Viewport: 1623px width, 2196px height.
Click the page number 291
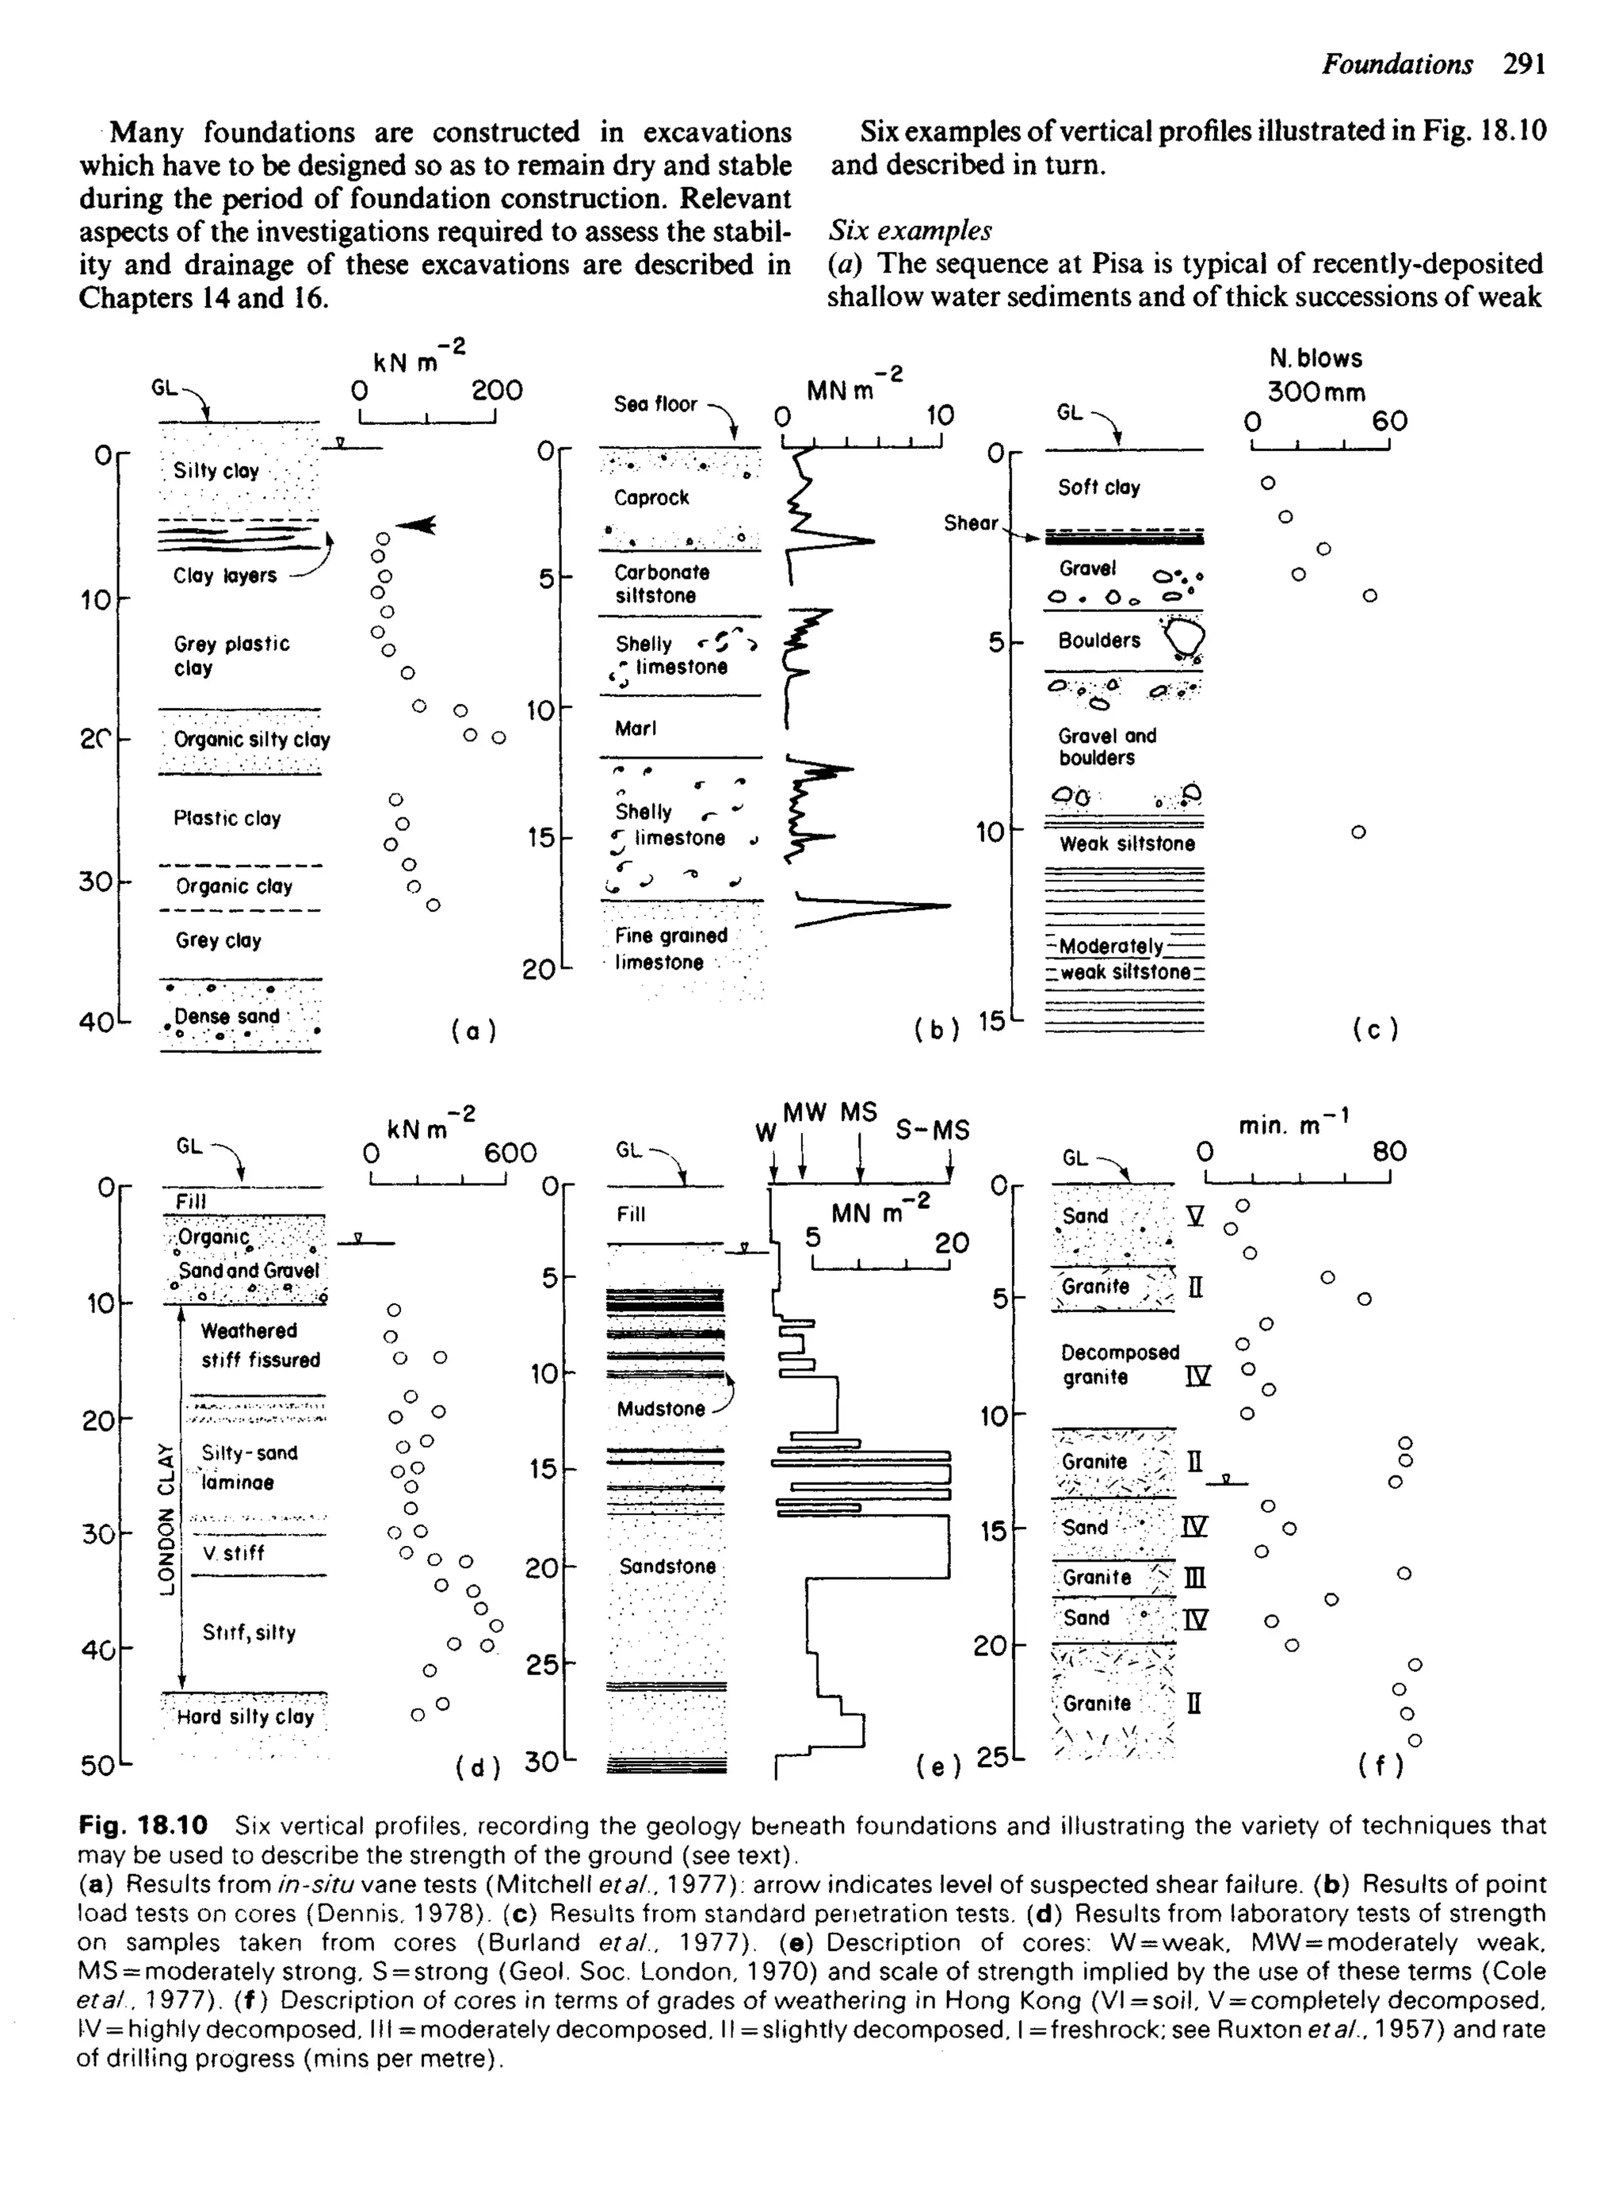(1525, 65)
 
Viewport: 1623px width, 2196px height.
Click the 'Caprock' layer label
(651, 497)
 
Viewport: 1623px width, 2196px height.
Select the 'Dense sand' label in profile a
(227, 1016)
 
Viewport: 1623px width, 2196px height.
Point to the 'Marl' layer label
(636, 728)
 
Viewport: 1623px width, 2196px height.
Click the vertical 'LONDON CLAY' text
(166, 1519)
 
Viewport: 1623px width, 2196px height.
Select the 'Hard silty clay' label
(245, 1716)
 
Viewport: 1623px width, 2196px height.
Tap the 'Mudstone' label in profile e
(660, 1408)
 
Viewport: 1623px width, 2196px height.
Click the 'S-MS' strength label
(931, 1131)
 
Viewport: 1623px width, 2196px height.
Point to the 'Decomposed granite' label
(1119, 1364)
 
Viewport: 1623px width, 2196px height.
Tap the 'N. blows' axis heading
(1316, 358)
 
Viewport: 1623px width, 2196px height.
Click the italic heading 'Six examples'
(910, 231)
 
